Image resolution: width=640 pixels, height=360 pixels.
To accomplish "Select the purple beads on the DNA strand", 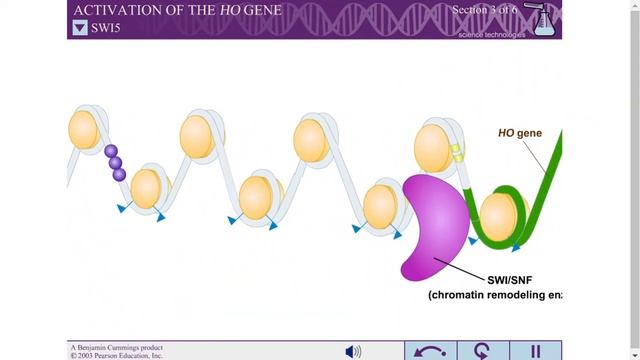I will point(115,162).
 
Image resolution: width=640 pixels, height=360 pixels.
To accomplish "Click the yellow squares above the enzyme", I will point(456,153).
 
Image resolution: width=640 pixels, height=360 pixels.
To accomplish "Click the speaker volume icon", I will point(353,351).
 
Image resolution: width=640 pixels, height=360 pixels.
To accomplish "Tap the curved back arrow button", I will point(430,351).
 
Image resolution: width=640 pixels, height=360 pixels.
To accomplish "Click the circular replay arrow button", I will point(483,351).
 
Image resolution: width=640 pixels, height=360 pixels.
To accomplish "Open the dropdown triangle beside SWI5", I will point(80,28).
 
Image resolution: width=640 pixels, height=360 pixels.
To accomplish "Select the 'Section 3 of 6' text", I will point(486,10).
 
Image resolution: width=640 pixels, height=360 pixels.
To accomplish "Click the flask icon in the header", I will point(544,20).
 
